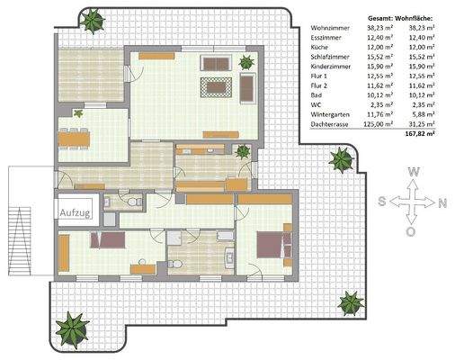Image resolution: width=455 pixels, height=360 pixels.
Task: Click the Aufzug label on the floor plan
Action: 76,211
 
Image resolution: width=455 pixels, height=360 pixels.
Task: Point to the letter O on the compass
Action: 412,232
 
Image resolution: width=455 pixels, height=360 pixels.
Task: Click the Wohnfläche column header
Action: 413,17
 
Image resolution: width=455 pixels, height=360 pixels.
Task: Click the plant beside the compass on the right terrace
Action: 341,162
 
